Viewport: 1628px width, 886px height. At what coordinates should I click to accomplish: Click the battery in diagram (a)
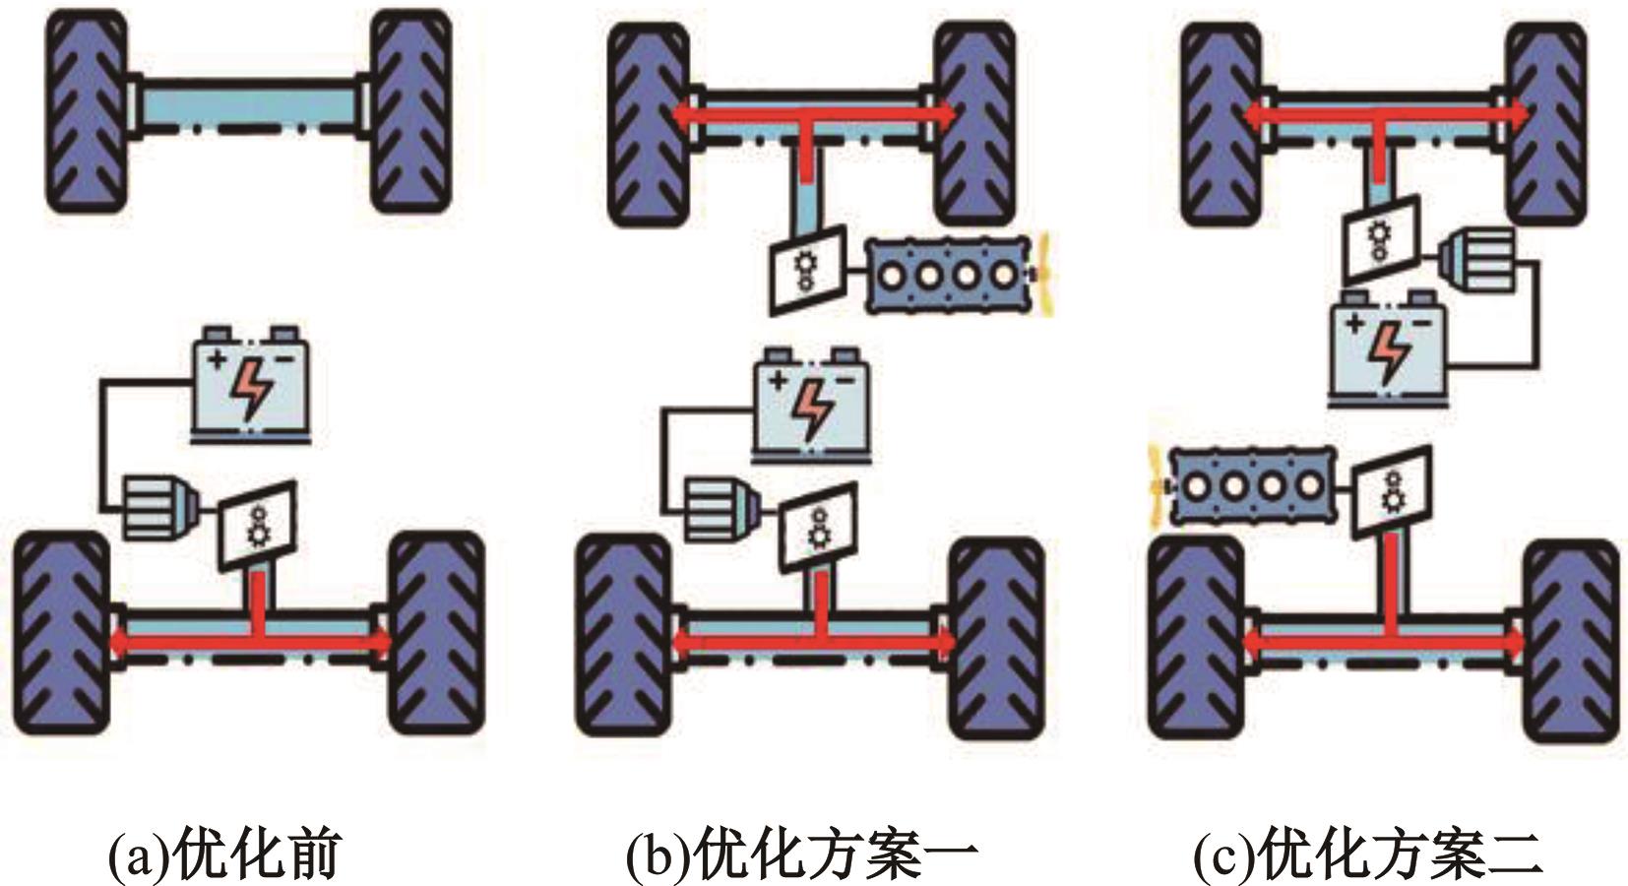pos(252,382)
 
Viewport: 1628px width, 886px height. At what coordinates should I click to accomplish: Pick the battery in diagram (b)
pos(812,404)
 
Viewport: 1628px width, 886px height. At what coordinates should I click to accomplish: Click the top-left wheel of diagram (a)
pos(87,111)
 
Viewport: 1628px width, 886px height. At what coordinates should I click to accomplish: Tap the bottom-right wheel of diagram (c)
pos(1570,640)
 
